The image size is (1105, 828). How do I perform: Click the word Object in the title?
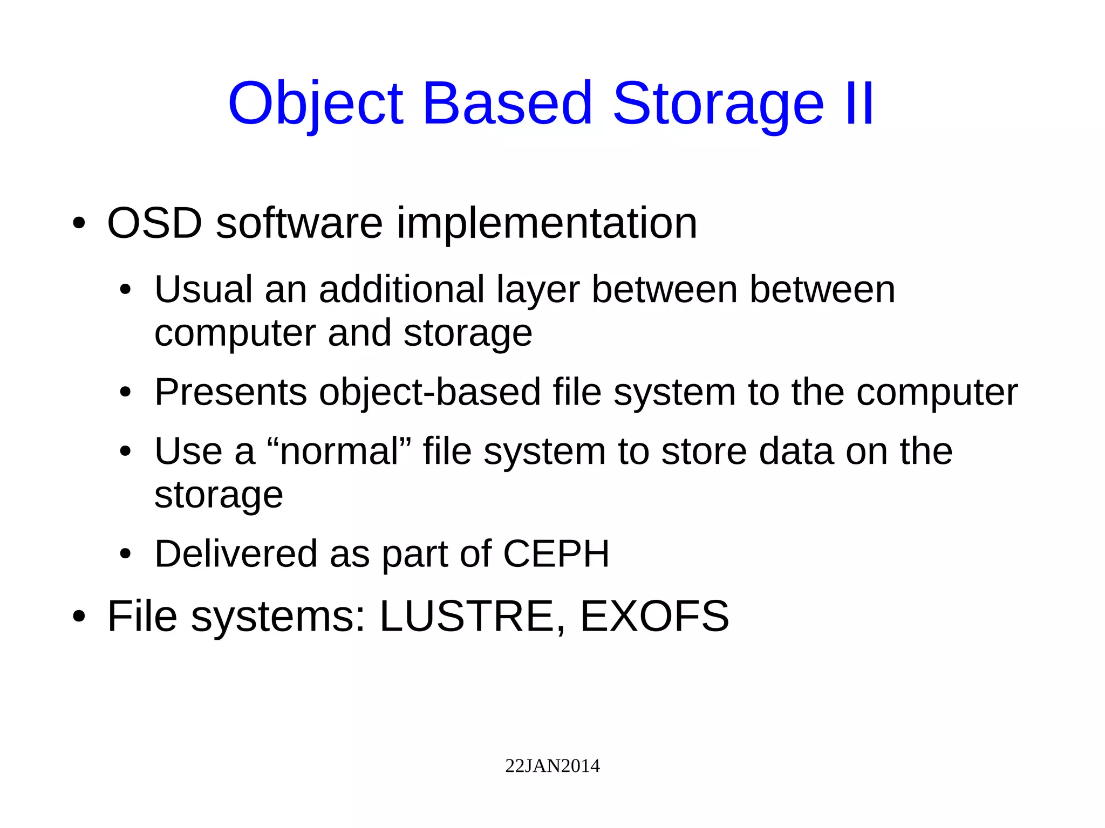click(316, 104)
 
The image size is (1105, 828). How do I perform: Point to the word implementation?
click(547, 224)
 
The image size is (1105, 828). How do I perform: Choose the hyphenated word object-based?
click(429, 393)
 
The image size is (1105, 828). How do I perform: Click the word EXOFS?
click(654, 616)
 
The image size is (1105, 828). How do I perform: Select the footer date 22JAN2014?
click(552, 766)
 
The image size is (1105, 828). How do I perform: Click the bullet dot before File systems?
click(79, 617)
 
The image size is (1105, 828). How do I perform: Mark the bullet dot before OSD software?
click(79, 223)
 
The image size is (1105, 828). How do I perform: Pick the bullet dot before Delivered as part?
click(125, 554)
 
